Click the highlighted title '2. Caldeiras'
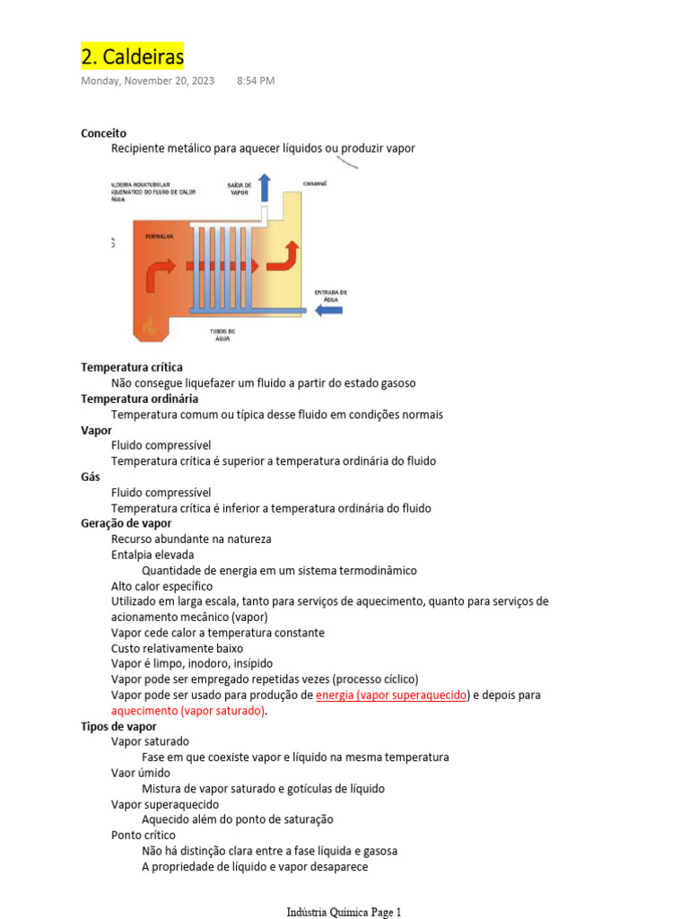coord(133,57)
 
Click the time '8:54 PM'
coord(256,81)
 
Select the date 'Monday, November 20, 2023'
coord(148,81)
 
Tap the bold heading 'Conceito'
coord(104,133)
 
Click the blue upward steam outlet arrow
coord(265,188)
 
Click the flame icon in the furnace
coord(150,324)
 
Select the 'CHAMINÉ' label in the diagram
coord(315,183)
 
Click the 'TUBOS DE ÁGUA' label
coord(222,335)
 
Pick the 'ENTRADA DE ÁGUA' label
coord(330,295)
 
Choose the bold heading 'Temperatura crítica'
coord(132,367)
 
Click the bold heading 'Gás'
coord(91,477)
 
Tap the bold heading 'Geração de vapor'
coord(126,523)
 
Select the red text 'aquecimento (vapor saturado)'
coord(188,711)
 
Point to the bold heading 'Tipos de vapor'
coord(118,726)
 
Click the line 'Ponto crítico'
coord(144,836)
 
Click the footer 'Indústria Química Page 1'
coord(344,912)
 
